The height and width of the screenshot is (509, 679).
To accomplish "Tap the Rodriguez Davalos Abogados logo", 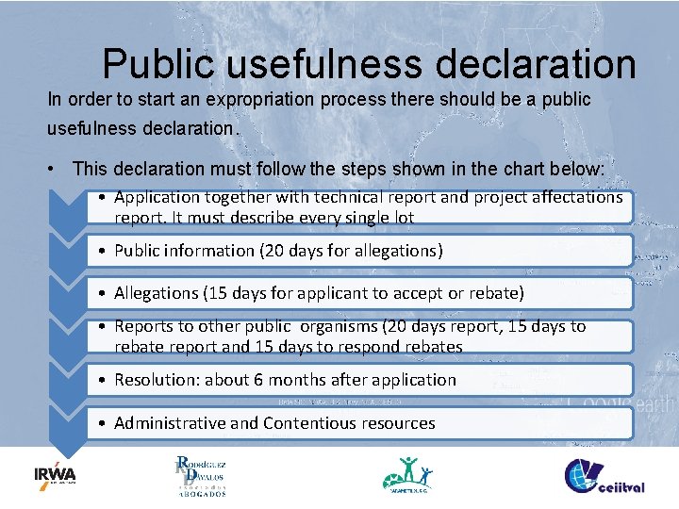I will (x=200, y=476).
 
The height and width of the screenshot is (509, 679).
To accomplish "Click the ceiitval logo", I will (x=604, y=476).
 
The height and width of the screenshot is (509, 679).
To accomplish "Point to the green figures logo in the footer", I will (x=408, y=474).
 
